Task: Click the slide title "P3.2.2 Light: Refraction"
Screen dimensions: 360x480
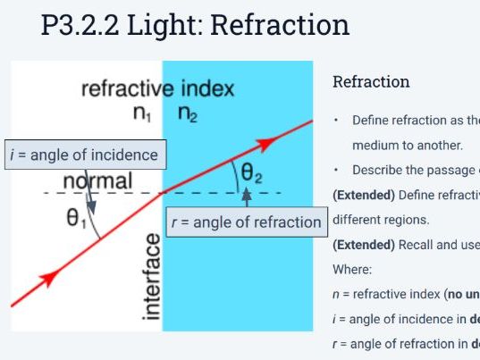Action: coord(196,26)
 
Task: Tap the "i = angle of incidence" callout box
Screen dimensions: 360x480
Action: coord(83,155)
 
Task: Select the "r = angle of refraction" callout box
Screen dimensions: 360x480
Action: coord(246,221)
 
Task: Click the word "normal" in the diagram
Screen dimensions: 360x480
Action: coord(97,181)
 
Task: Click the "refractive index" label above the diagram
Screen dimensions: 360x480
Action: coord(157,89)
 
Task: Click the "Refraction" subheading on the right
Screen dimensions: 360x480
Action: coord(371,82)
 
